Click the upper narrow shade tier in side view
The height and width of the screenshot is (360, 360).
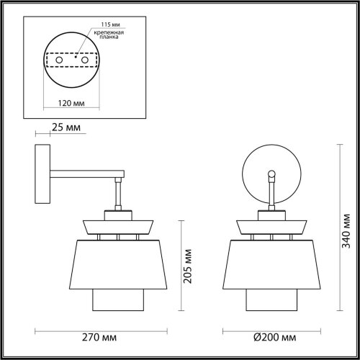(119, 225)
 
